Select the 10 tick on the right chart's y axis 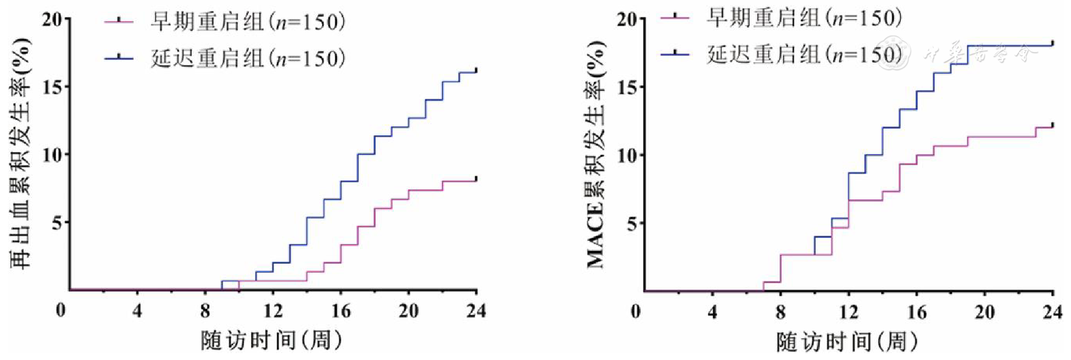(x=627, y=155)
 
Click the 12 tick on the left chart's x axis (x=273, y=311)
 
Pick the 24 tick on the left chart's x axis (x=476, y=311)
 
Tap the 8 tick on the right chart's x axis (x=780, y=312)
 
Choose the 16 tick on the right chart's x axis (x=916, y=312)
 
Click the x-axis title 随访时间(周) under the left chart (x=272, y=341)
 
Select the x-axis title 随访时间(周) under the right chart (x=847, y=342)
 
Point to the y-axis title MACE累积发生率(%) (x=595, y=155)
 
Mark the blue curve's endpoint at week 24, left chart (x=476, y=72)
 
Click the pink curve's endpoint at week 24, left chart (x=476, y=180)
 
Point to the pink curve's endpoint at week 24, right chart (x=1053, y=126)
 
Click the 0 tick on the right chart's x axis (x=635, y=312)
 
